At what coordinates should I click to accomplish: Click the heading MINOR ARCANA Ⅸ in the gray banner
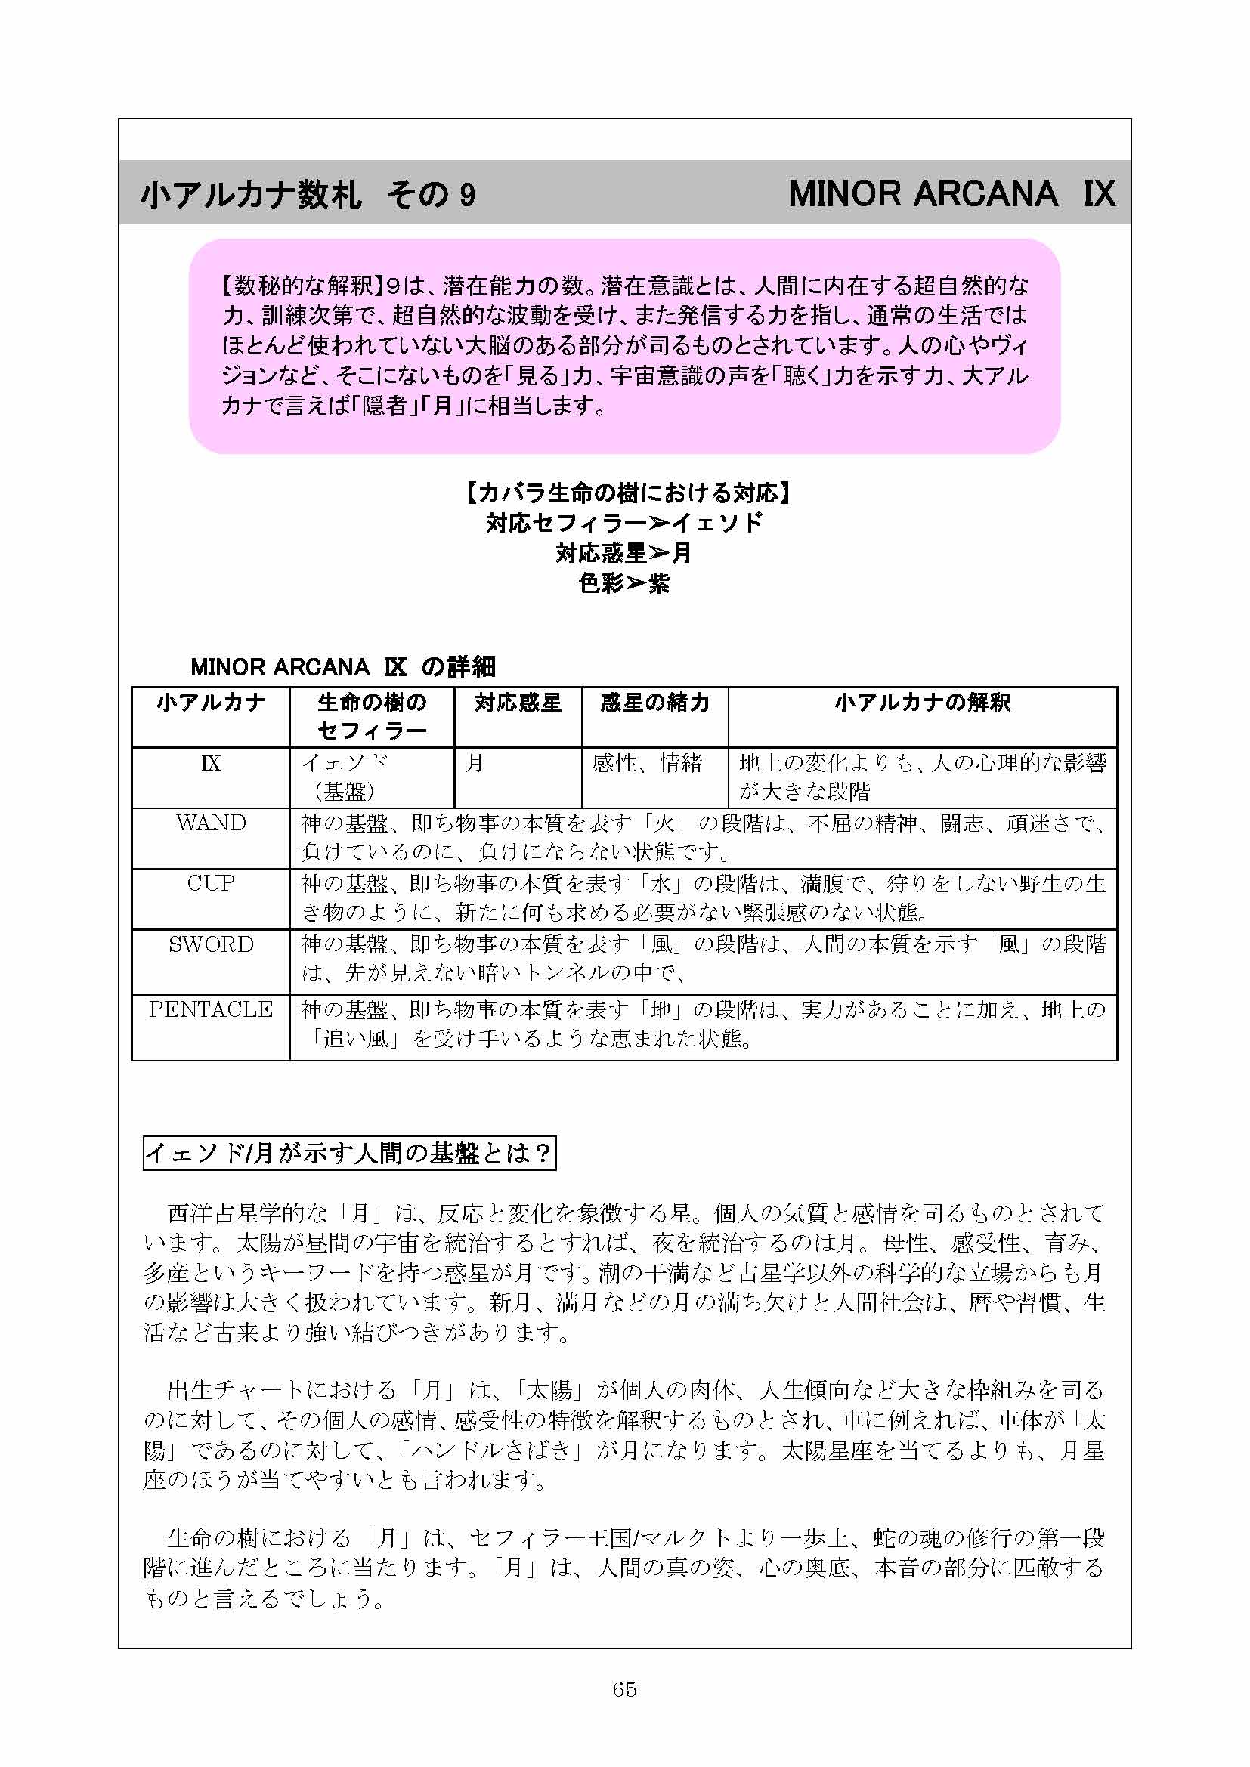tap(951, 194)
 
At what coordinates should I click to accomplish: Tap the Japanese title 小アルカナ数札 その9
tap(308, 195)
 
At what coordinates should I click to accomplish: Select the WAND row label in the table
tap(211, 823)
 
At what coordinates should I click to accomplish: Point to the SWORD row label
tap(211, 944)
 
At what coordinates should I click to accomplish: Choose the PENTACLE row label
tap(211, 1009)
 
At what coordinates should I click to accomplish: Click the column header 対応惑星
tap(517, 703)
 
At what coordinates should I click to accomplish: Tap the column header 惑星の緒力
tap(654, 703)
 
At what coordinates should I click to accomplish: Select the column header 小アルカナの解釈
tap(922, 703)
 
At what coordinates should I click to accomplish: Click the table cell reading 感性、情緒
tap(647, 763)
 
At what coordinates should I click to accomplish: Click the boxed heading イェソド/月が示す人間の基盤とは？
tap(349, 1153)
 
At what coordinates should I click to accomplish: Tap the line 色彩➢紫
tap(624, 583)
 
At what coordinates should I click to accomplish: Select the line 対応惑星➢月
tap(624, 552)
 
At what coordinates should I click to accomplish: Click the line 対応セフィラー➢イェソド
tap(624, 523)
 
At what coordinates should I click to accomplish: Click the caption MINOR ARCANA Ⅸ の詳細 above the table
tap(342, 666)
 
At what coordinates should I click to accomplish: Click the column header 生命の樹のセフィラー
tap(372, 715)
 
